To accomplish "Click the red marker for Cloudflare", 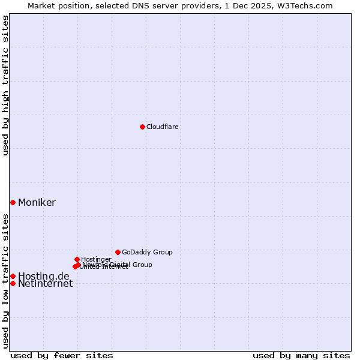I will [x=142, y=127].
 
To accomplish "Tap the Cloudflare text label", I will [x=162, y=127].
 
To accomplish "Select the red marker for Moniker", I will [x=13, y=202].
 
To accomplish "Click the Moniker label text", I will [x=37, y=203].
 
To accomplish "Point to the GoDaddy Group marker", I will [x=118, y=252].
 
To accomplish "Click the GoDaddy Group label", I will [x=147, y=252].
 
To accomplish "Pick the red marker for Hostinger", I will [x=77, y=259].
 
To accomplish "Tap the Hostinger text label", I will [x=96, y=259].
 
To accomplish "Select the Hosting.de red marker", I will [x=13, y=276].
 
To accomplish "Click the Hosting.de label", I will [x=43, y=276].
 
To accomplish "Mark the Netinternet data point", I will [x=13, y=283].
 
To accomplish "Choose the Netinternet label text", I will [x=45, y=284].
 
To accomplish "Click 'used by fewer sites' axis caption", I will [x=62, y=355].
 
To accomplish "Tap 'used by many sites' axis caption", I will [x=301, y=355].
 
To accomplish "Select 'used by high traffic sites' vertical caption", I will [x=5, y=85].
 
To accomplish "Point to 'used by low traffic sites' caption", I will [x=5, y=281].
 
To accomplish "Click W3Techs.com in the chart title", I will [x=307, y=5].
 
